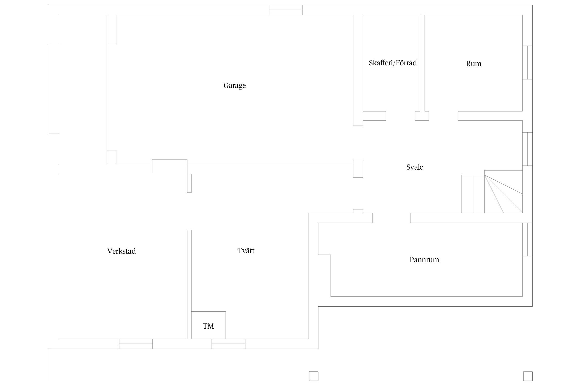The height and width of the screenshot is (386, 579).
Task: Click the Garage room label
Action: click(234, 85)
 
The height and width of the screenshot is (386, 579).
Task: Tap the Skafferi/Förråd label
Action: click(392, 63)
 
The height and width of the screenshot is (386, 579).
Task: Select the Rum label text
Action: click(473, 64)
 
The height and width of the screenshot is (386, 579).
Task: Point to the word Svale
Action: click(415, 167)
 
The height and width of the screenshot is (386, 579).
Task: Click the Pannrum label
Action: click(424, 260)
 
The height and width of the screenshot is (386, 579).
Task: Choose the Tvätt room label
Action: click(246, 251)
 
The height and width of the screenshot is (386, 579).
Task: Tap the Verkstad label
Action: click(121, 251)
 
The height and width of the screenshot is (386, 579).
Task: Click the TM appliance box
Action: click(209, 325)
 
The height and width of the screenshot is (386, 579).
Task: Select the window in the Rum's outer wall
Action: click(527, 63)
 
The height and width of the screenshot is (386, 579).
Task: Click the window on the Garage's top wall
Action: click(286, 10)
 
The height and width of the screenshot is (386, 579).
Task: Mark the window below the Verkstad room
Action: click(136, 344)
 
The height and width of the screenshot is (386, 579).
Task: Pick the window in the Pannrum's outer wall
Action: click(527, 240)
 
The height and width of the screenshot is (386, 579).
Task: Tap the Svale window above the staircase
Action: click(527, 149)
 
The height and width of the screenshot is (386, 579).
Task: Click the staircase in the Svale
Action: click(492, 192)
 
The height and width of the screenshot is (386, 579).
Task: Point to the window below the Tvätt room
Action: click(229, 344)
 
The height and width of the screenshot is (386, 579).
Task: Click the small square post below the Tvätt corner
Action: click(314, 376)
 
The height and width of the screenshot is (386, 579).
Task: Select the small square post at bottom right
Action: click(528, 376)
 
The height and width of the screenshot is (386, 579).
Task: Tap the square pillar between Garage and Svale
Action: click(358, 169)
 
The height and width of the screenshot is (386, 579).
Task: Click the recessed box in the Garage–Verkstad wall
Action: click(170, 167)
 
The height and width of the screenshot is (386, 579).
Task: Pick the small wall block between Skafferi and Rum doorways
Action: click(422, 116)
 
